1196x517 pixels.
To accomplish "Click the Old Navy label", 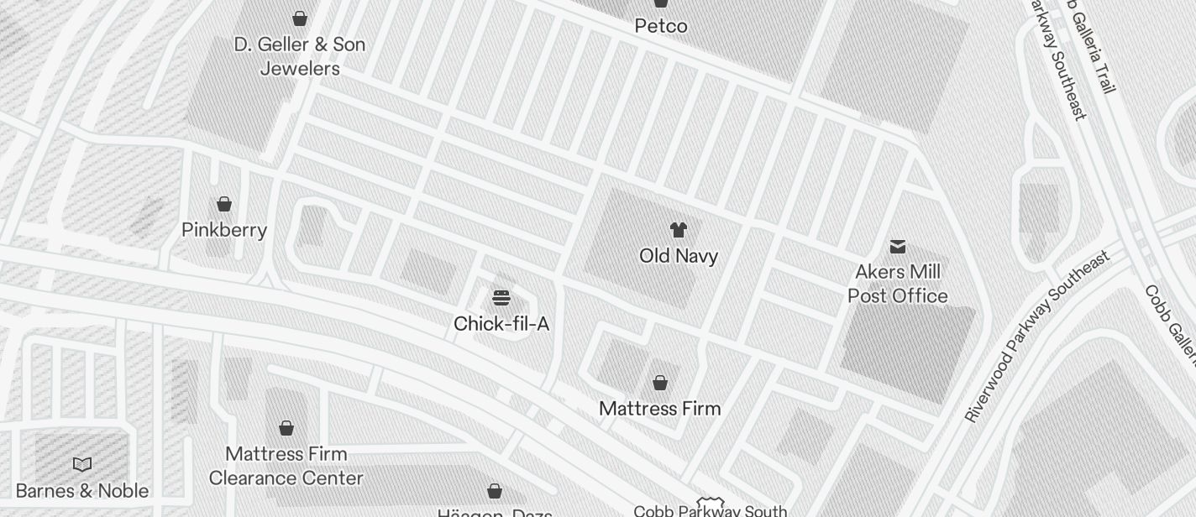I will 679,256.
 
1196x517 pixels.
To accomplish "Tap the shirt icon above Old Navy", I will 679,230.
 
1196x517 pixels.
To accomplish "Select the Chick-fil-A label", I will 501,324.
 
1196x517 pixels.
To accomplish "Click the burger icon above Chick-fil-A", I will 501,298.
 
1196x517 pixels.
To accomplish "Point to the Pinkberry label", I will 224,230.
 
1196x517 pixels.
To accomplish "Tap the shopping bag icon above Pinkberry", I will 224,204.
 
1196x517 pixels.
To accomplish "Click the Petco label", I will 661,26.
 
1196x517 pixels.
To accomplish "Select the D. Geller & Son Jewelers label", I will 300,56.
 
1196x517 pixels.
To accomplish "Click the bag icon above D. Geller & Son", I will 300,18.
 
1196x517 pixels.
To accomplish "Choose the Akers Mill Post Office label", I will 898,284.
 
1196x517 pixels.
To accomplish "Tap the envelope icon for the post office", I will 898,246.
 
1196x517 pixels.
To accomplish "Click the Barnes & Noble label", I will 82,491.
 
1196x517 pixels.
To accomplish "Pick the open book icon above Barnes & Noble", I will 82,464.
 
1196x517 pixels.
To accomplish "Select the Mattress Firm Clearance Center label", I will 286,466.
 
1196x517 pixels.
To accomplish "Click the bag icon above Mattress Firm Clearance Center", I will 286,428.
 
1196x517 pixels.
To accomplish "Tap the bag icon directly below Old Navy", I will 660,383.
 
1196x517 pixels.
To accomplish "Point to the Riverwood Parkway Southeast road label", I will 1036,337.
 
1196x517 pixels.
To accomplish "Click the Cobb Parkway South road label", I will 710,510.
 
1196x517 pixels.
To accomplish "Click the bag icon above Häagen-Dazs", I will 495,490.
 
